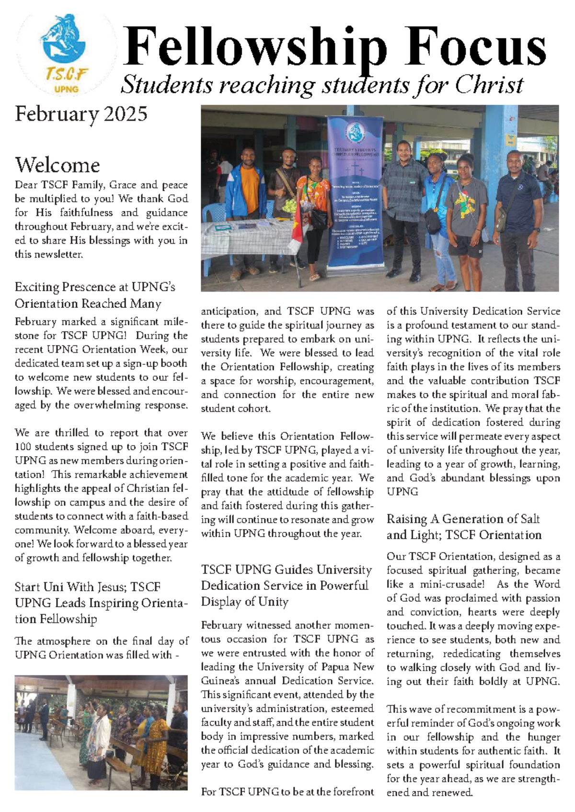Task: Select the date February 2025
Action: (81, 114)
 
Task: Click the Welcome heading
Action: (57, 165)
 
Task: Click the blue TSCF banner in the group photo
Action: (355, 192)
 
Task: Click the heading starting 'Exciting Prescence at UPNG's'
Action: (95, 287)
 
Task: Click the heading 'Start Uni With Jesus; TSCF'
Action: (87, 587)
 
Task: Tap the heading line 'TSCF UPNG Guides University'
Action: (286, 570)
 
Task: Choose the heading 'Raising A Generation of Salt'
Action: (463, 519)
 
